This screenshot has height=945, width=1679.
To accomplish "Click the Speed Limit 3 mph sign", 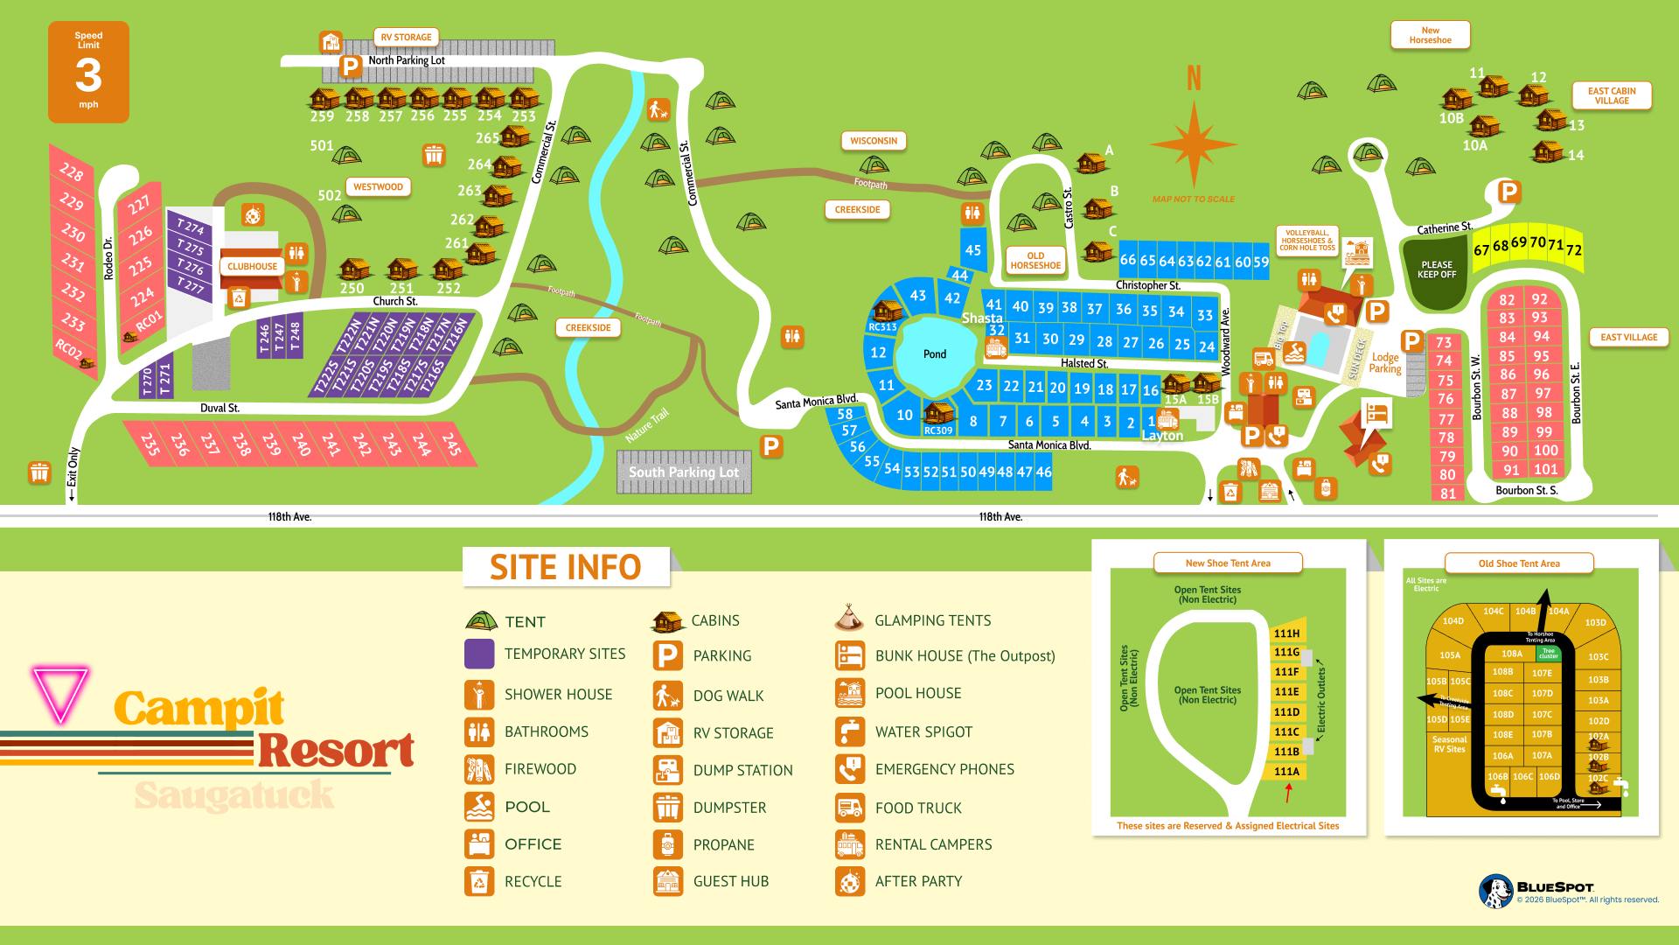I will [88, 72].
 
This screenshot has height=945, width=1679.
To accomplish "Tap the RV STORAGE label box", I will [407, 38].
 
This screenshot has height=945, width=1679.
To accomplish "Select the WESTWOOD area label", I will [378, 187].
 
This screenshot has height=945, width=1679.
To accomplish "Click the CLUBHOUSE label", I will [252, 267].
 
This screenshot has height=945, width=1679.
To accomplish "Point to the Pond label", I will [935, 354].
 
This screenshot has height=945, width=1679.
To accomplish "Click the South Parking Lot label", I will [684, 472].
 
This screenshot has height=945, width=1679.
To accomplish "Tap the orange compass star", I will [1194, 144].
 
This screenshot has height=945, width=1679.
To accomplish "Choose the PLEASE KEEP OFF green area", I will [1437, 270].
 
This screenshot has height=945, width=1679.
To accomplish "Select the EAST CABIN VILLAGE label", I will [1612, 96].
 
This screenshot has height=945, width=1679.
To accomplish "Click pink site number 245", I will [451, 444].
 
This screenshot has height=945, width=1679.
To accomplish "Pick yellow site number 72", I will [1573, 250].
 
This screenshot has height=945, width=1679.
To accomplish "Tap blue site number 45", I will [973, 250].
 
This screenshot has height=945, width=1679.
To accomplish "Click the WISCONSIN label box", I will [874, 141].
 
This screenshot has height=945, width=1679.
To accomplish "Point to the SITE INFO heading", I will [566, 568].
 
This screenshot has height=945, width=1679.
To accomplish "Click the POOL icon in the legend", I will [479, 807].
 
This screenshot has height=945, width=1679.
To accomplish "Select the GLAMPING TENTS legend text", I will [932, 620].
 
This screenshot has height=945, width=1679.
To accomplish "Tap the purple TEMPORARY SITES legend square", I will [479, 654].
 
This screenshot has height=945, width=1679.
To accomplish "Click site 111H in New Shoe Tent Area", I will [1286, 633].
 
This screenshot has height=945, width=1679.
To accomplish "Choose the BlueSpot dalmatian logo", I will [1496, 892].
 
